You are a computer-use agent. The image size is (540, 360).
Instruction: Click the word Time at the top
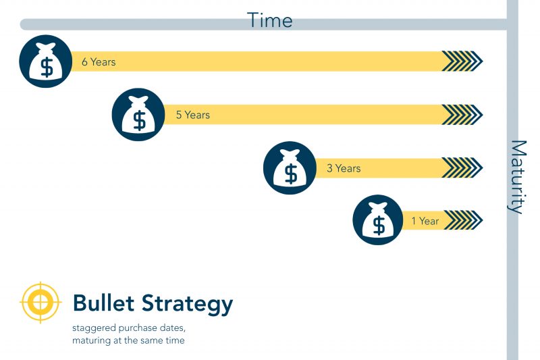[269, 20]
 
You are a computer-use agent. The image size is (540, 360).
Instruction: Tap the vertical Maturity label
[517, 177]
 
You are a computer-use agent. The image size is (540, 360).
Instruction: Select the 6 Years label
[99, 62]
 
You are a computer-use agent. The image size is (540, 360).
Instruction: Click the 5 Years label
[192, 115]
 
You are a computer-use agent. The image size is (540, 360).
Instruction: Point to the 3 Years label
[344, 168]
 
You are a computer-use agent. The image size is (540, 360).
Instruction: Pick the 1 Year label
[425, 221]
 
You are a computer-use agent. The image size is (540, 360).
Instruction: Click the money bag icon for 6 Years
[46, 61]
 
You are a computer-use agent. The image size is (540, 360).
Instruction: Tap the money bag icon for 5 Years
[138, 115]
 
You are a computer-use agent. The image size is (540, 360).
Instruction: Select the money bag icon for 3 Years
[290, 168]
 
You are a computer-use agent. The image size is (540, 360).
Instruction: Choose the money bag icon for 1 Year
[379, 221]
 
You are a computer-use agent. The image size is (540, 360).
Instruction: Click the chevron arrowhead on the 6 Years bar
[462, 61]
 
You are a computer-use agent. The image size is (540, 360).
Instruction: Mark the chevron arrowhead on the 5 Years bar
[462, 115]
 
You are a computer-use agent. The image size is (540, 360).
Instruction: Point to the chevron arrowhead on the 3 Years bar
[462, 168]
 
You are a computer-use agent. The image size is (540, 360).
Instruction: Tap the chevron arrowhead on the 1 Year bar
[463, 220]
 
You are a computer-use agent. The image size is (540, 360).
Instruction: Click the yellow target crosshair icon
[41, 302]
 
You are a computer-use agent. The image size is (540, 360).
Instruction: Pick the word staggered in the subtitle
[93, 328]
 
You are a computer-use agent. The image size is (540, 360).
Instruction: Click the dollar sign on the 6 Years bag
[46, 67]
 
